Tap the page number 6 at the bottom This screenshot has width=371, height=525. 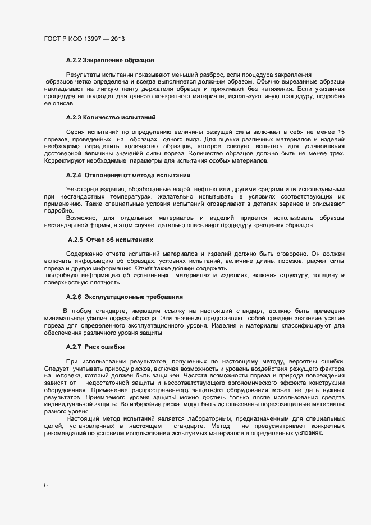point(46,485)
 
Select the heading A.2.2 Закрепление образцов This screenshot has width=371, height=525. point(110,59)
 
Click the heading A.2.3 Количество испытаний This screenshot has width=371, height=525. point(110,117)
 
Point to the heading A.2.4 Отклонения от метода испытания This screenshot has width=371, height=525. point(128,175)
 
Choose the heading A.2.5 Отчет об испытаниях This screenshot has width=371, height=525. point(111,240)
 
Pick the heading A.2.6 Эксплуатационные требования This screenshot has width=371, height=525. point(124,296)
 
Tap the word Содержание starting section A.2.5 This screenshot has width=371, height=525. point(85,254)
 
